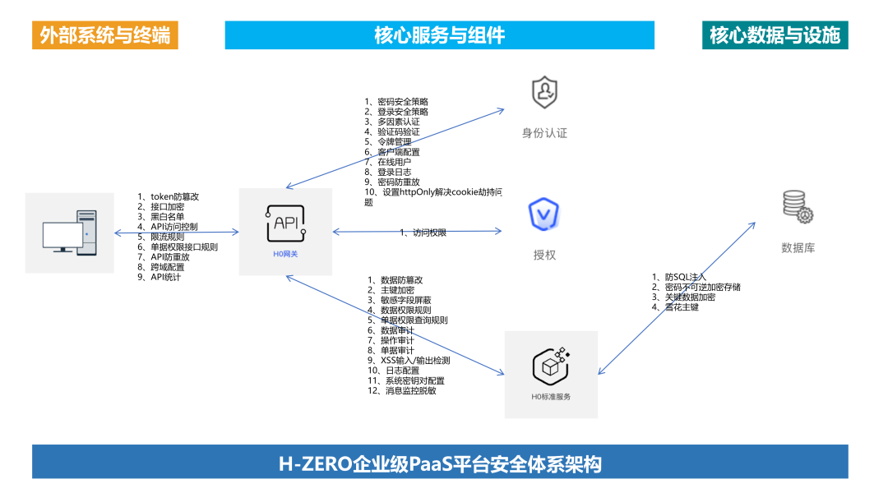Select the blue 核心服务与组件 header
pos(440,35)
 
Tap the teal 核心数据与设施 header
pos(775,35)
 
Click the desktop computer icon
pos(70,233)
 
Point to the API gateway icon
pos(285,223)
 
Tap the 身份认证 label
pos(544,133)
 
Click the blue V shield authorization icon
pos(544,215)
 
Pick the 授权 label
pos(544,256)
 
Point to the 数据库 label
pos(798,248)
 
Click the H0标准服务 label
pos(551,397)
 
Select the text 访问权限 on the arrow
pos(428,233)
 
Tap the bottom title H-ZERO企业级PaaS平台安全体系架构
pos(440,464)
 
